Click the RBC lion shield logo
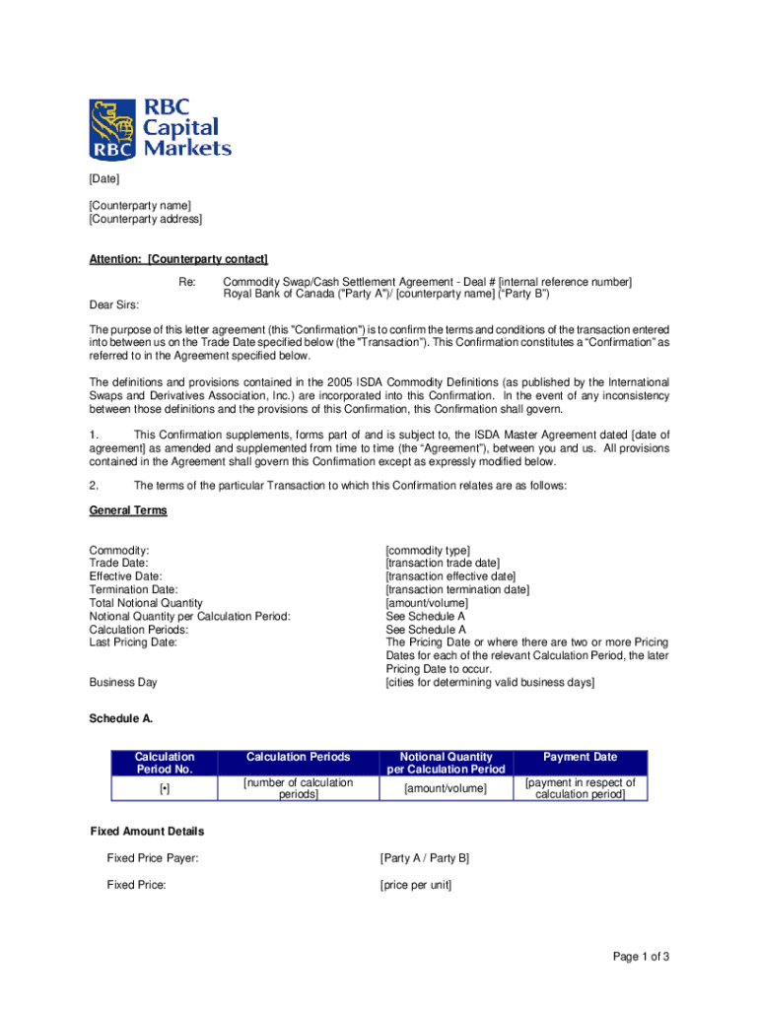111,128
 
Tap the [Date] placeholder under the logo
104,178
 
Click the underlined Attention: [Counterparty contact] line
178,259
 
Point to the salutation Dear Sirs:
114,304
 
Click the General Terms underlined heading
128,510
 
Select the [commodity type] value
428,550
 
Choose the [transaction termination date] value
457,590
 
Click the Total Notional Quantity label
146,603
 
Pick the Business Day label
123,682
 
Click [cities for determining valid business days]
490,683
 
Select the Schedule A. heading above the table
121,719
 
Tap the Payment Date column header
580,757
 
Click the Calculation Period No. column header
165,763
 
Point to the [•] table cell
165,789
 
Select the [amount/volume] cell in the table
446,789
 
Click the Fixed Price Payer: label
153,858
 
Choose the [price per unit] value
416,885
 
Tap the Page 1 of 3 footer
641,957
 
